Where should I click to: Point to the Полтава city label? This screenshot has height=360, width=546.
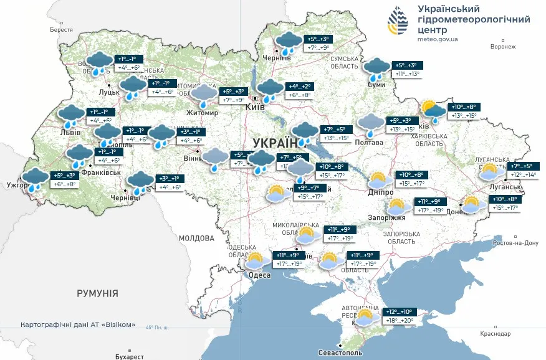pyautogui.click(x=370, y=143)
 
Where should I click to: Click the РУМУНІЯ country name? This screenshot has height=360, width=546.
pyautogui.click(x=97, y=293)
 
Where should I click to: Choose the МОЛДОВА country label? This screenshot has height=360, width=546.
pyautogui.click(x=196, y=238)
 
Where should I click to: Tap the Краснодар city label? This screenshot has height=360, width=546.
pyautogui.click(x=496, y=334)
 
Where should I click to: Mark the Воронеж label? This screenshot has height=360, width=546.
pyautogui.click(x=504, y=47)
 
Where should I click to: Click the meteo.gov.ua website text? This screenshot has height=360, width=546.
pyautogui.click(x=438, y=39)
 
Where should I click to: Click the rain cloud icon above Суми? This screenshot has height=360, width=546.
pyautogui.click(x=377, y=69)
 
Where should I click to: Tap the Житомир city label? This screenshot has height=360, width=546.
pyautogui.click(x=202, y=113)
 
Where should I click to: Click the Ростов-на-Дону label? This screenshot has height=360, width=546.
pyautogui.click(x=515, y=243)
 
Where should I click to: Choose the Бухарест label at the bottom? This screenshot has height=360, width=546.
pyautogui.click(x=129, y=356)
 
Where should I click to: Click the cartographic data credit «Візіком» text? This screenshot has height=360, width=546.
pyautogui.click(x=78, y=325)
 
